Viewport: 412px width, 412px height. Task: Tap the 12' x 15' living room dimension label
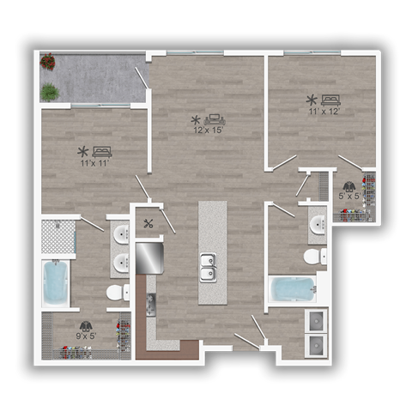[x=209, y=130]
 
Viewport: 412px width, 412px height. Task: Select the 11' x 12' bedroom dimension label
[x=323, y=110]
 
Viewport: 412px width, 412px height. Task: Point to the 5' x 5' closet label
[x=348, y=196]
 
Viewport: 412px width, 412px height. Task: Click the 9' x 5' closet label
[x=86, y=336]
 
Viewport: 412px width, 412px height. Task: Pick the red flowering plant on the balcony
[x=47, y=62]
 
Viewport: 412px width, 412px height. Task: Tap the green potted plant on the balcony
[x=50, y=90]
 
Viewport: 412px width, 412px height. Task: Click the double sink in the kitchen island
[x=209, y=267]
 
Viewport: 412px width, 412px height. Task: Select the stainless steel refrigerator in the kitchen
[x=149, y=257]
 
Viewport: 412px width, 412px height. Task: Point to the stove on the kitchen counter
[x=152, y=303]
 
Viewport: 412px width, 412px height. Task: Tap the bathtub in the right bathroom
[x=292, y=288]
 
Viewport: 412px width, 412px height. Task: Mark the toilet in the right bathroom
[x=313, y=257]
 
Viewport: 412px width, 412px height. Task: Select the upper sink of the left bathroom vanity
[x=120, y=233]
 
